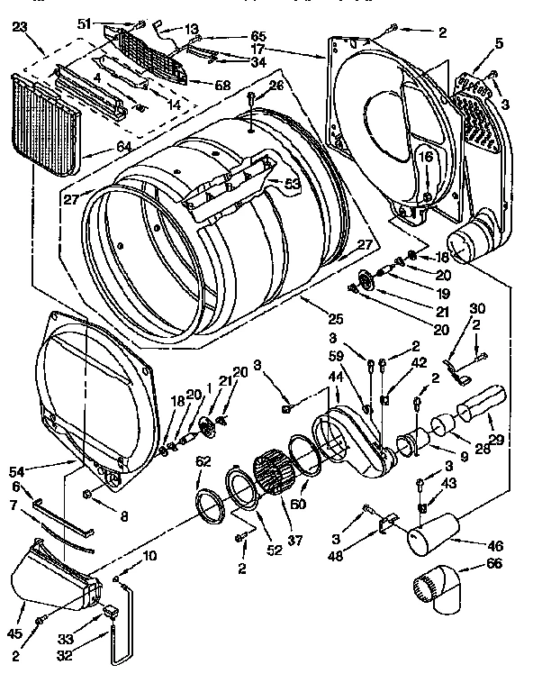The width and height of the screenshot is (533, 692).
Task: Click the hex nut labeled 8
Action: (x=88, y=494)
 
